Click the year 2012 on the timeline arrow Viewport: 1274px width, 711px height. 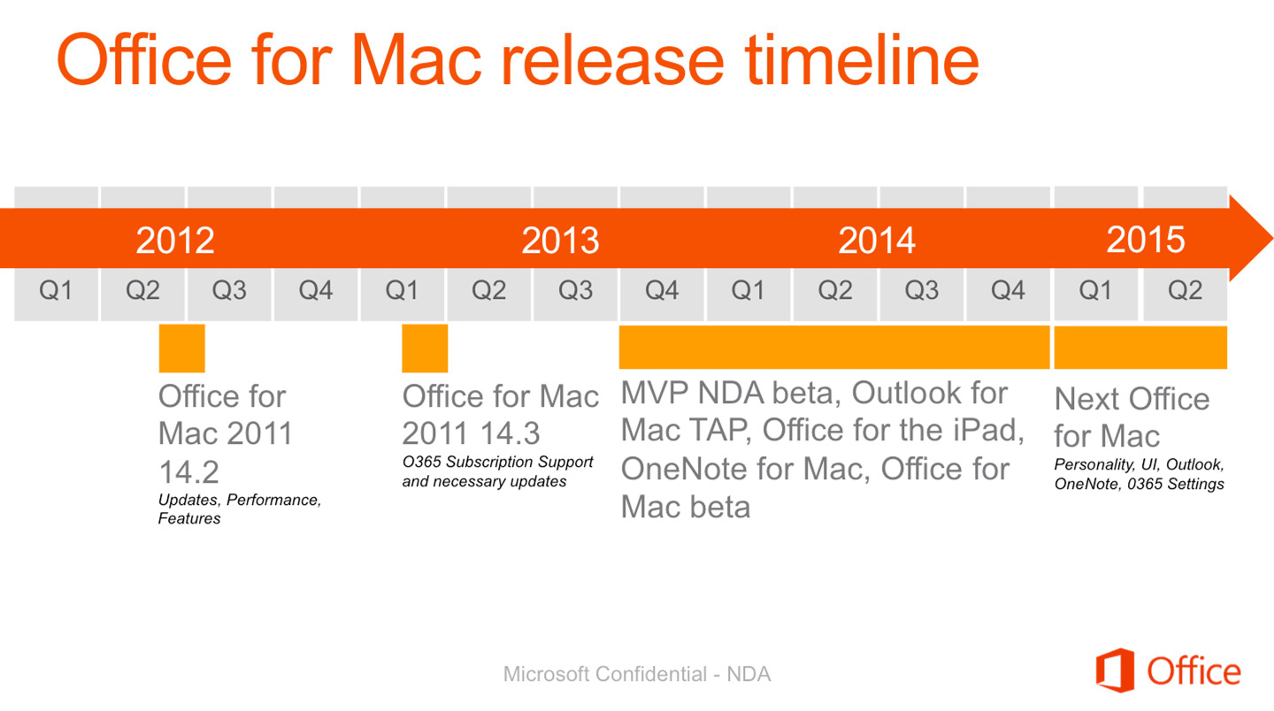tap(175, 240)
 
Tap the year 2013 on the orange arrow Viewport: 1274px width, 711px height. tap(560, 240)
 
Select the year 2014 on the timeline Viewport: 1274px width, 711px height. tap(877, 240)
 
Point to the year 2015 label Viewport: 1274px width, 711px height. tap(1146, 240)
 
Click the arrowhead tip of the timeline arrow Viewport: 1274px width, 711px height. tap(1272, 238)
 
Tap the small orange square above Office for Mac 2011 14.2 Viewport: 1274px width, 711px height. tap(182, 348)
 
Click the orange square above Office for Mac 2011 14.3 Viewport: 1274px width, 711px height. tap(425, 348)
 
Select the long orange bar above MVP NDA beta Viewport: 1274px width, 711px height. tap(834, 348)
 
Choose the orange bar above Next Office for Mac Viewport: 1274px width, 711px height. tap(1140, 348)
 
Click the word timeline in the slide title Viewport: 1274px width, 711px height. tap(863, 60)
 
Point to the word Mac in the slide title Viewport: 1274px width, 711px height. tap(417, 61)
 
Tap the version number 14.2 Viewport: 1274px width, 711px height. tap(188, 471)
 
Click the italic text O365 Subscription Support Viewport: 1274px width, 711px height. tap(497, 463)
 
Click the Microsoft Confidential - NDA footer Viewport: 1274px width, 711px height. tap(637, 674)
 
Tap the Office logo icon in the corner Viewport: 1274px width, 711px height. tap(1116, 670)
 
